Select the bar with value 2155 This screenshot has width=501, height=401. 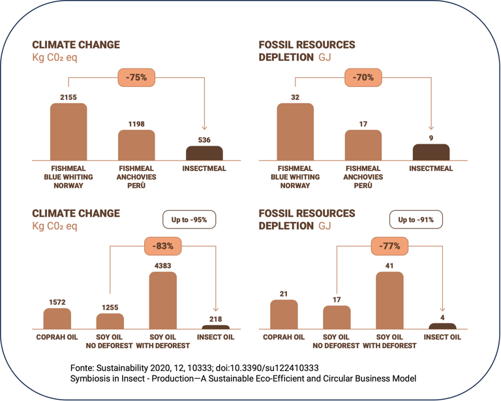(x=68, y=132)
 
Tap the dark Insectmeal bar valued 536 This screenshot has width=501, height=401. (x=204, y=153)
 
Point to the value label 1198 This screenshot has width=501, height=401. (x=136, y=123)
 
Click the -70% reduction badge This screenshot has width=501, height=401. (x=363, y=78)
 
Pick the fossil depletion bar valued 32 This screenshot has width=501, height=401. (x=295, y=132)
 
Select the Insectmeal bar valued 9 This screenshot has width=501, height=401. (x=431, y=152)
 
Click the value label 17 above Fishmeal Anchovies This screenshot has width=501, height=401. (x=363, y=123)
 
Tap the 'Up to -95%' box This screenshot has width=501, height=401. (x=189, y=220)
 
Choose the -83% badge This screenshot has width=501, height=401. (x=163, y=246)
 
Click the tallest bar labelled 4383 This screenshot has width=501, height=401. (x=163, y=300)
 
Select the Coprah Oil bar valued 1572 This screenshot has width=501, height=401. (x=57, y=318)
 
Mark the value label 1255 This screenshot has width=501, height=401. (x=110, y=307)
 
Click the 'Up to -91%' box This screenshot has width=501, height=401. (x=416, y=220)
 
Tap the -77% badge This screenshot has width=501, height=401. (x=389, y=246)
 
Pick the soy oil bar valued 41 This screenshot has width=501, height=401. (x=389, y=300)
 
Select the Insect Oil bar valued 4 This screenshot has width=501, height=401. (x=442, y=325)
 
